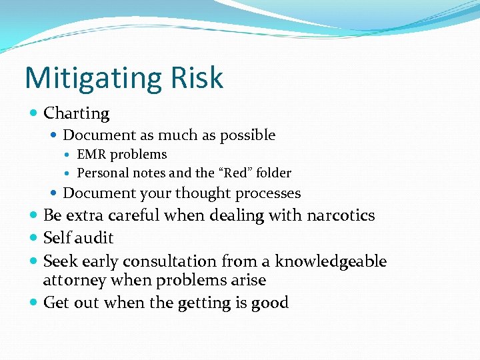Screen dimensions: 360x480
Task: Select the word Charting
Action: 76,114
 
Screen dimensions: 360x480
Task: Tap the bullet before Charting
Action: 34,113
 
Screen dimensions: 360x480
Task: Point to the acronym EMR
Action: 91,154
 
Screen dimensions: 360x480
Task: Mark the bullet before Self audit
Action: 34,238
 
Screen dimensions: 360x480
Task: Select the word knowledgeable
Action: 331,261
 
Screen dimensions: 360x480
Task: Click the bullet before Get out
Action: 34,303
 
